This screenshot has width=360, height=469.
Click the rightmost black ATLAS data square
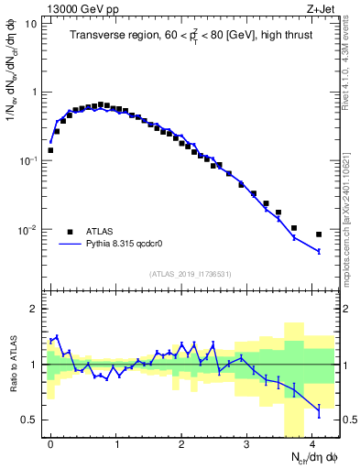coord(319,234)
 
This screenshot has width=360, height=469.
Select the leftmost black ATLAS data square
coord(50,150)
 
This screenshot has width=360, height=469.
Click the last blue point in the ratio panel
coord(319,410)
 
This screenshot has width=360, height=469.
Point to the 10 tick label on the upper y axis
coord(31,24)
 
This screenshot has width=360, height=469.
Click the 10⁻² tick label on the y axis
coord(27,230)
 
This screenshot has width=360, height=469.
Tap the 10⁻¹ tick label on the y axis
coord(27,161)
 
